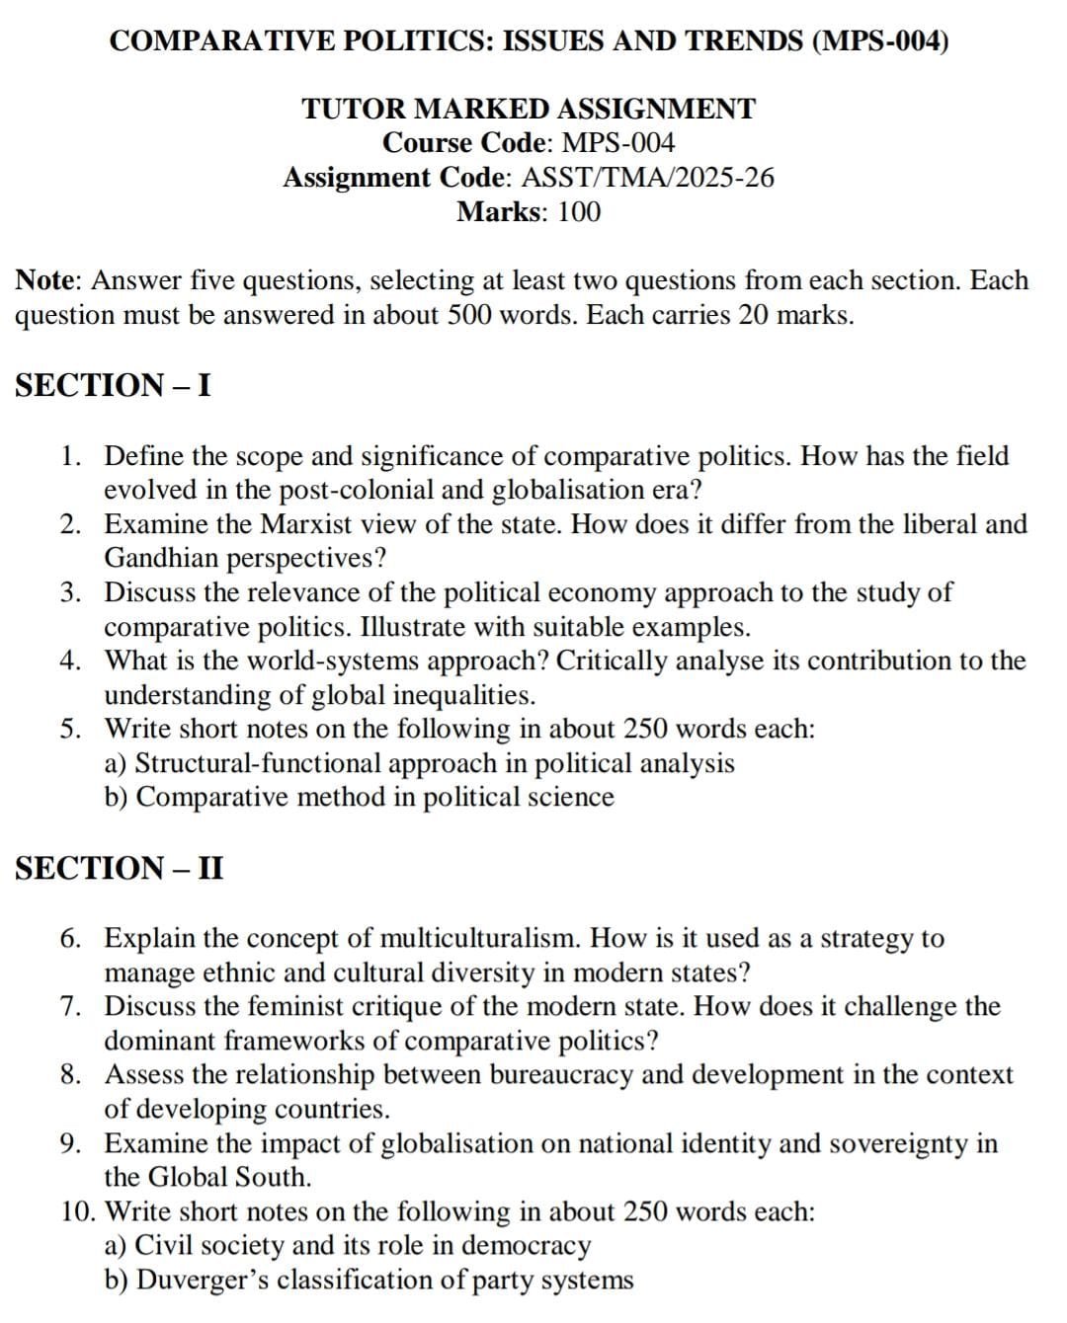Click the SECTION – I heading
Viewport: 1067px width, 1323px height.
(x=113, y=384)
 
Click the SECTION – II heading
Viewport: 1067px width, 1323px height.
(x=120, y=868)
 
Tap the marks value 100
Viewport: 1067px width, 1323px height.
(x=579, y=212)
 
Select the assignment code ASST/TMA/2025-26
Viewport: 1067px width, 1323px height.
(x=647, y=178)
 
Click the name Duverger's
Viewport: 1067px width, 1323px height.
(x=203, y=1280)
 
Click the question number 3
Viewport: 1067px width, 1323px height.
(x=69, y=592)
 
